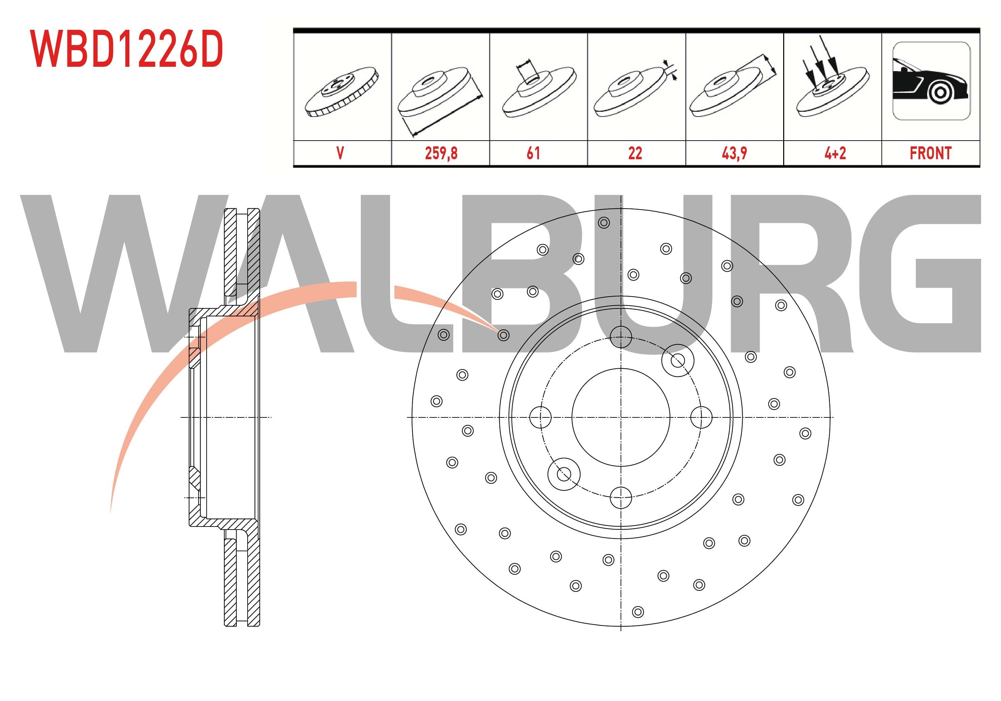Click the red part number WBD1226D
coord(126,49)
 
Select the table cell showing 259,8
coord(441,153)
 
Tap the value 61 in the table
coord(533,153)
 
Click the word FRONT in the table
coord(931,153)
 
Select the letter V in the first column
coord(340,153)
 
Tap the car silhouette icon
coord(931,82)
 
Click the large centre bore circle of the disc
coord(620,417)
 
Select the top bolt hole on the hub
coord(620,337)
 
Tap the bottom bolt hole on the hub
coord(620,497)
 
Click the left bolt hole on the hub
coord(540,417)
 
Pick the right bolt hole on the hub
coord(701,417)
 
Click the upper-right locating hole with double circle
coord(677,360)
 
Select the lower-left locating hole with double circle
coord(564,474)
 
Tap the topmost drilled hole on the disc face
coord(604,223)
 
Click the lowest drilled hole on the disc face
coord(638,612)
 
